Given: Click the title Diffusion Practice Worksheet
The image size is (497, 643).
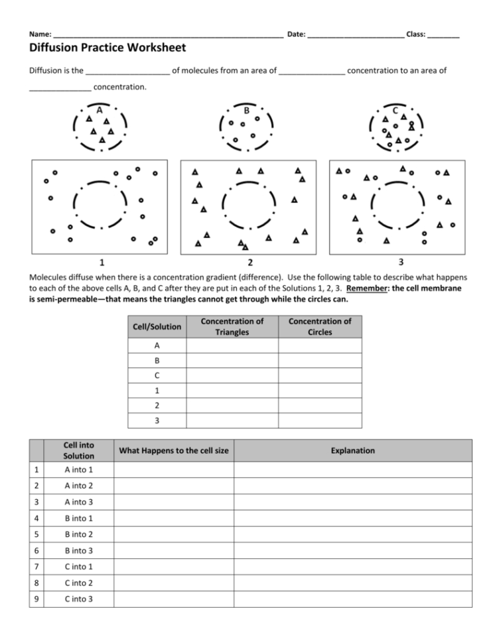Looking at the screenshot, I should tap(107, 48).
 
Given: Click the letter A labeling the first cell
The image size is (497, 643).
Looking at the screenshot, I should tap(99, 110).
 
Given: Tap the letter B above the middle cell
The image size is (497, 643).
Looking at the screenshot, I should tap(246, 110).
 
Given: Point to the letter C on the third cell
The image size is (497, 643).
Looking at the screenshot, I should tap(395, 110).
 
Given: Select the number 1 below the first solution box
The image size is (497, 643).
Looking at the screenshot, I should tap(101, 261).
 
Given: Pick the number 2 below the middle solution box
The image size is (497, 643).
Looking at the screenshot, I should tap(249, 262).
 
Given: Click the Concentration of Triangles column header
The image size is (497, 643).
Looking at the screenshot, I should tap(232, 326).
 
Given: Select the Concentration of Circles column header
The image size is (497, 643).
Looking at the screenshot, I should tap(320, 326).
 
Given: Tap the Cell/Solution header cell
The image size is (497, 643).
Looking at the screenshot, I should tap(157, 326).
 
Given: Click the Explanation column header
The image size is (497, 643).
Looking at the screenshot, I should tap(353, 451).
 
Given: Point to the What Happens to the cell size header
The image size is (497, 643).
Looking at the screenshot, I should tap(173, 451).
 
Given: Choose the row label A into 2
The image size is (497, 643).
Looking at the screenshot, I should tap(79, 486).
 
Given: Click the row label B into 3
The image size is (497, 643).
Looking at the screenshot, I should tap(79, 550).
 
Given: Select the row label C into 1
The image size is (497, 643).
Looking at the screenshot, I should tap(79, 567).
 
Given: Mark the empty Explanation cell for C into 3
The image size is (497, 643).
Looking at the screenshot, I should tap(353, 599).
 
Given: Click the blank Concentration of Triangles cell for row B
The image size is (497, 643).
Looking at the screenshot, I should tap(232, 361).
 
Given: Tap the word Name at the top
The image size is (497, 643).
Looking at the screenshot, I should tap(39, 34).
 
